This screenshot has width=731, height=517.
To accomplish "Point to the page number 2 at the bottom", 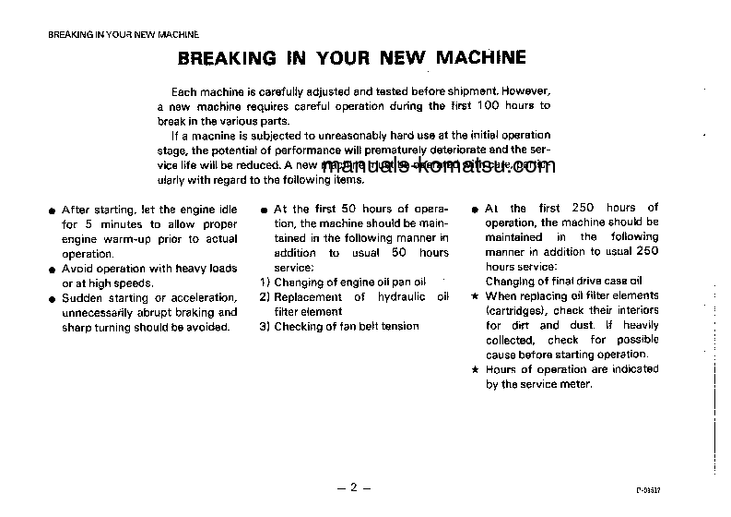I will [353, 488].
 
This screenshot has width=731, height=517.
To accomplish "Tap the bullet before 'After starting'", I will [53, 210].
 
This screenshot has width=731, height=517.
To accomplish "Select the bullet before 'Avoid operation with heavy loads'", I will [53, 270].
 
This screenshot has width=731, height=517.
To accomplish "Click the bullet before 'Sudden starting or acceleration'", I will [53, 298].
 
